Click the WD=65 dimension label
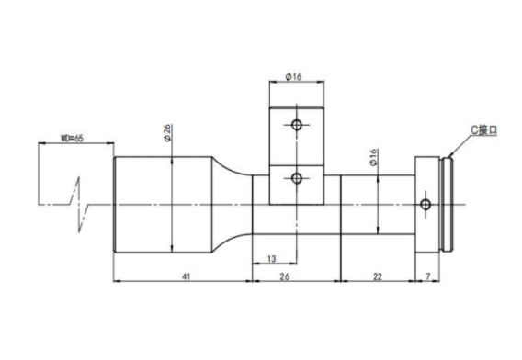pyautogui.click(x=72, y=138)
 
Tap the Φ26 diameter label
pyautogui.click(x=167, y=133)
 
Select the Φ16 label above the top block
pyautogui.click(x=293, y=77)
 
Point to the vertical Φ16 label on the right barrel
pyautogui.click(x=373, y=157)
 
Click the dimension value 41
pyautogui.click(x=186, y=276)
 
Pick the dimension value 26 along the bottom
pyautogui.click(x=284, y=276)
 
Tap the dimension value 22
pyautogui.click(x=378, y=276)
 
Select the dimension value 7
pyautogui.click(x=428, y=276)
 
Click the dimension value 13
pyautogui.click(x=272, y=259)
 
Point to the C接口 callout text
pyautogui.click(x=483, y=129)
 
